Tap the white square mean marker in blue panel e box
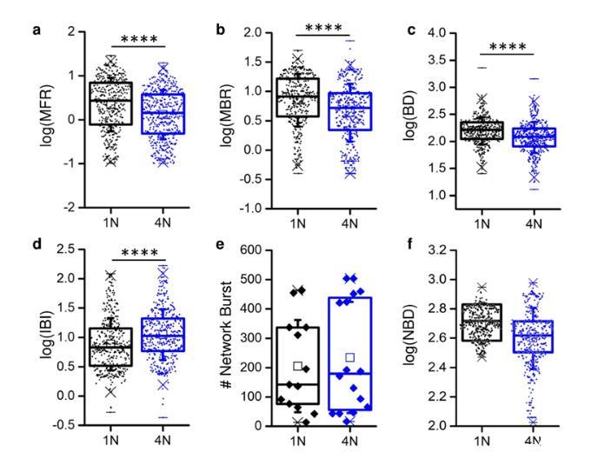point(349,357)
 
